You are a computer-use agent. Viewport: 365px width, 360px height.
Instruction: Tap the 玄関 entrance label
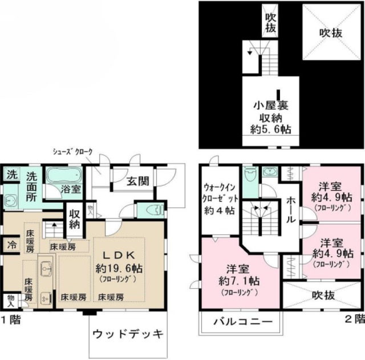(x=137, y=181)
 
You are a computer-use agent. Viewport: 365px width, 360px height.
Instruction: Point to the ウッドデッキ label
(x=128, y=333)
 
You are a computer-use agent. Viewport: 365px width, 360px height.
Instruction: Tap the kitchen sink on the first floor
(x=46, y=266)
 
